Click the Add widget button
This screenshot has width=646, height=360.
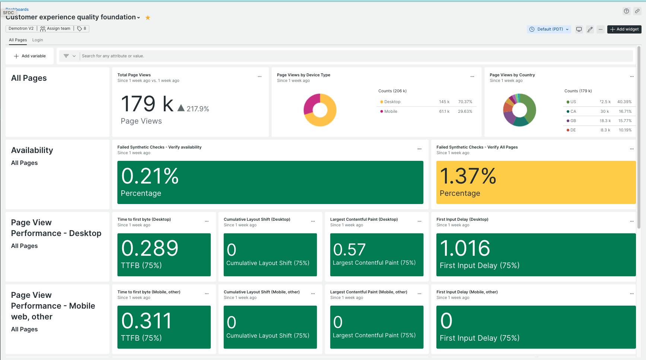[x=624, y=29]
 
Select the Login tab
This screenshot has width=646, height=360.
[x=37, y=40]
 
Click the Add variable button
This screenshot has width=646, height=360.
[x=30, y=56]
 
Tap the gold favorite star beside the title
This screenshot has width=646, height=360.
[x=148, y=17]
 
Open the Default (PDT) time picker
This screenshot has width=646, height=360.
[x=549, y=29]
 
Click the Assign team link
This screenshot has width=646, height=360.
[x=55, y=29]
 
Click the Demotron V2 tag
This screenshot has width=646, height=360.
[x=21, y=29]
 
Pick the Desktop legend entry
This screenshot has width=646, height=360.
[x=392, y=102]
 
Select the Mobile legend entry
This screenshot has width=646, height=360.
[x=391, y=111]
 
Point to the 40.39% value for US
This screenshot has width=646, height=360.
[x=624, y=102]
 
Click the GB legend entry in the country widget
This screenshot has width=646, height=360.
[x=573, y=121]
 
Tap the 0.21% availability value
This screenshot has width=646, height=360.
[x=150, y=176]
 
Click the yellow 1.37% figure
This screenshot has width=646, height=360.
[x=468, y=176]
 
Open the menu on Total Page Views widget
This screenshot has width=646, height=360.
[x=260, y=77]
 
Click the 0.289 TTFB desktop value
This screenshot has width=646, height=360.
[x=150, y=248]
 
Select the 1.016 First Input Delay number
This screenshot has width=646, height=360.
[x=465, y=248]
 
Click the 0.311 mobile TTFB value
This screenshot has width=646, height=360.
[x=146, y=321]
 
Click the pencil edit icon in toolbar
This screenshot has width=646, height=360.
[x=590, y=29]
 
